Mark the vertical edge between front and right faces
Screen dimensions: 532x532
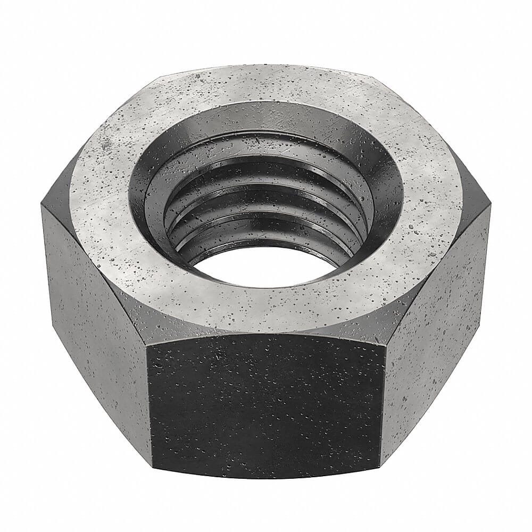pos(384,404)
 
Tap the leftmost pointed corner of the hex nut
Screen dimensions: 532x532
pos(41,205)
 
